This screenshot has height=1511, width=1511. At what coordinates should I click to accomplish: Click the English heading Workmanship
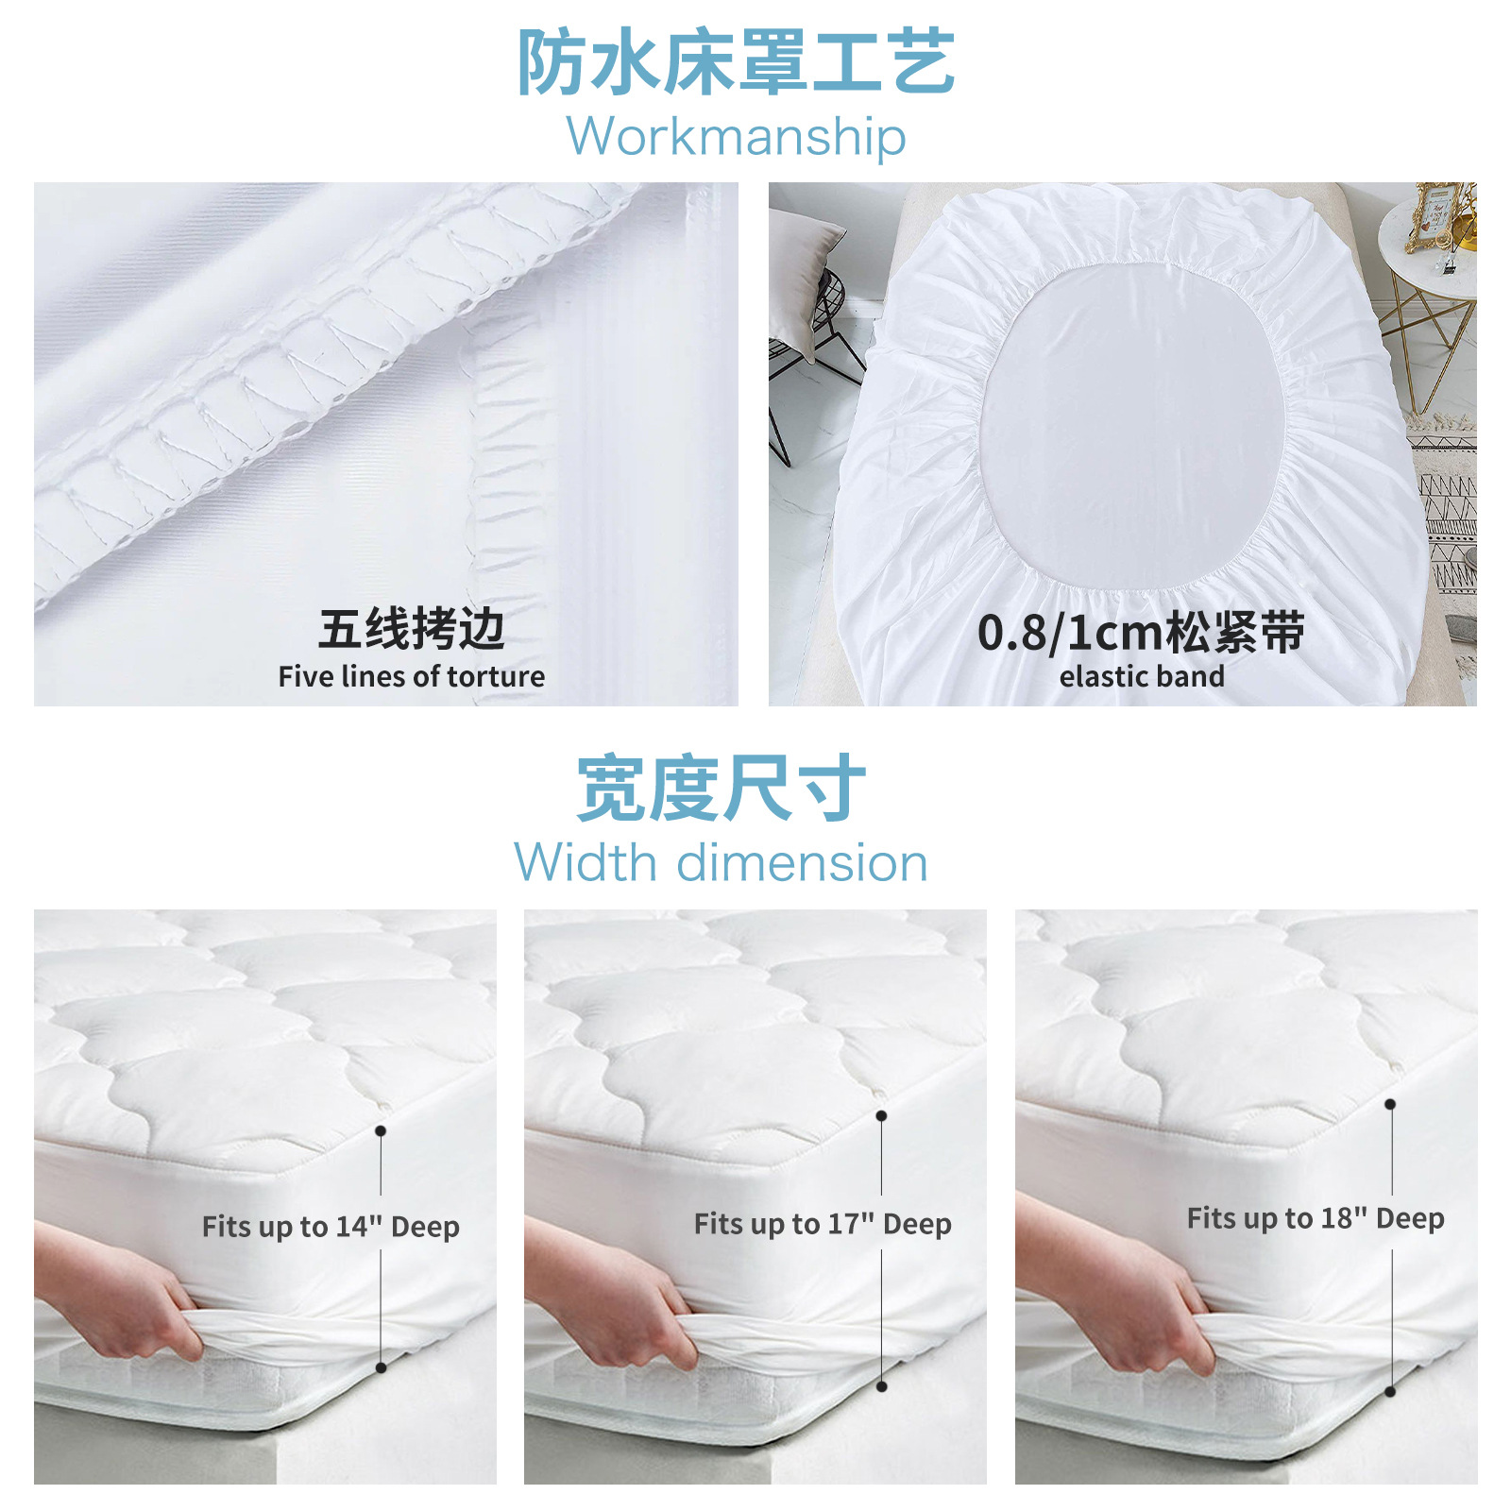[x=736, y=137]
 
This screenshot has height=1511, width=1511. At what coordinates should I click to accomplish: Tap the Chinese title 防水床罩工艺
[x=736, y=62]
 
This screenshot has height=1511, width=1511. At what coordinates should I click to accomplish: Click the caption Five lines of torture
[x=411, y=676]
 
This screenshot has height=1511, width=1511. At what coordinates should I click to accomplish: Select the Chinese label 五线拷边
[x=411, y=629]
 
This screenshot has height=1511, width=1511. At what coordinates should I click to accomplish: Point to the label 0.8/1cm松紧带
[x=1141, y=632]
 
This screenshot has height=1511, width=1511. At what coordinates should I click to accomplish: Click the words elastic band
[x=1141, y=676]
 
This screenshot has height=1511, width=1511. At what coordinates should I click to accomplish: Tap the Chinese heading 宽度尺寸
[x=722, y=788]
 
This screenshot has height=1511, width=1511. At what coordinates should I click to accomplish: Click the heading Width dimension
[x=722, y=863]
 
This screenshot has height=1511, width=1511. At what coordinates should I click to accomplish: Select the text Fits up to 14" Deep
[x=331, y=1227]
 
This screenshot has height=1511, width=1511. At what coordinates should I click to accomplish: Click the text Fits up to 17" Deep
[x=823, y=1224]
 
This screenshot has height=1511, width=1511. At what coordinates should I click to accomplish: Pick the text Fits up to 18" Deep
[x=1316, y=1218]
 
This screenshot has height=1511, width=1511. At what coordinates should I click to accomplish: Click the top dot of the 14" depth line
[x=381, y=1130]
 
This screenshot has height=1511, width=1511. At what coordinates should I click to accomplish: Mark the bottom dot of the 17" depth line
[x=881, y=1386]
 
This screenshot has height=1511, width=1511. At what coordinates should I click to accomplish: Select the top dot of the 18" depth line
[x=1390, y=1104]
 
